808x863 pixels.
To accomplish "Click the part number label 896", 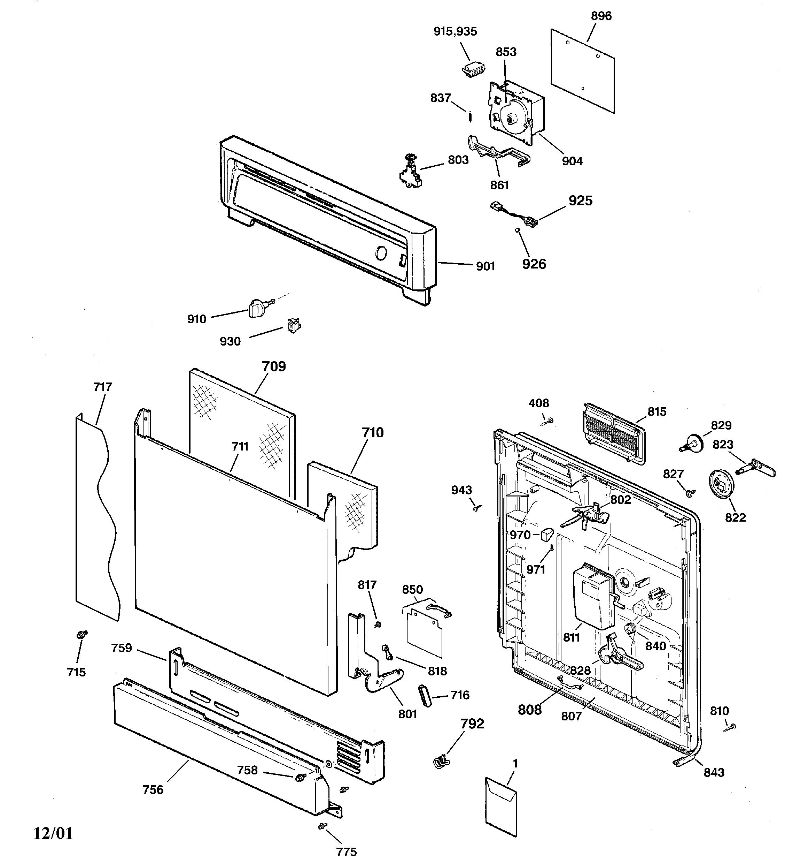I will pos(601,16).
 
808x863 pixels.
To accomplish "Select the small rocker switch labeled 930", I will pos(294,325).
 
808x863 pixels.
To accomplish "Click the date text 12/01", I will pos(53,833).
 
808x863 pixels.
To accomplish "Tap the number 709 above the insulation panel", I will pos(274,366).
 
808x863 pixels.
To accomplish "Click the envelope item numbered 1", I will pos(500,806).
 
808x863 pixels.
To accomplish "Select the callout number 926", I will pos(534,264).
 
